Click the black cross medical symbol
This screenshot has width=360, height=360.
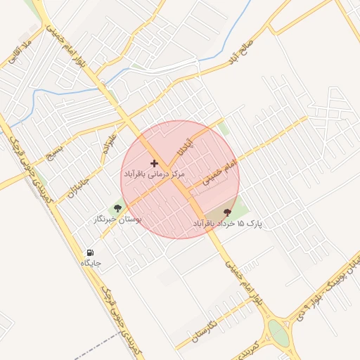[x=155, y=163]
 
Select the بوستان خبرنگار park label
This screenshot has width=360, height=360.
[x=117, y=220]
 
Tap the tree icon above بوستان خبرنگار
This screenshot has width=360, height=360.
[x=117, y=207]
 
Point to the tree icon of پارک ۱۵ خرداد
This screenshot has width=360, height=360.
[x=227, y=212]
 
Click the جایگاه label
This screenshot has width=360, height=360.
[x=91, y=263]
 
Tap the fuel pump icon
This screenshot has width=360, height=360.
[x=90, y=252]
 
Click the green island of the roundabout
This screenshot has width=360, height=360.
[x=279, y=334]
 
